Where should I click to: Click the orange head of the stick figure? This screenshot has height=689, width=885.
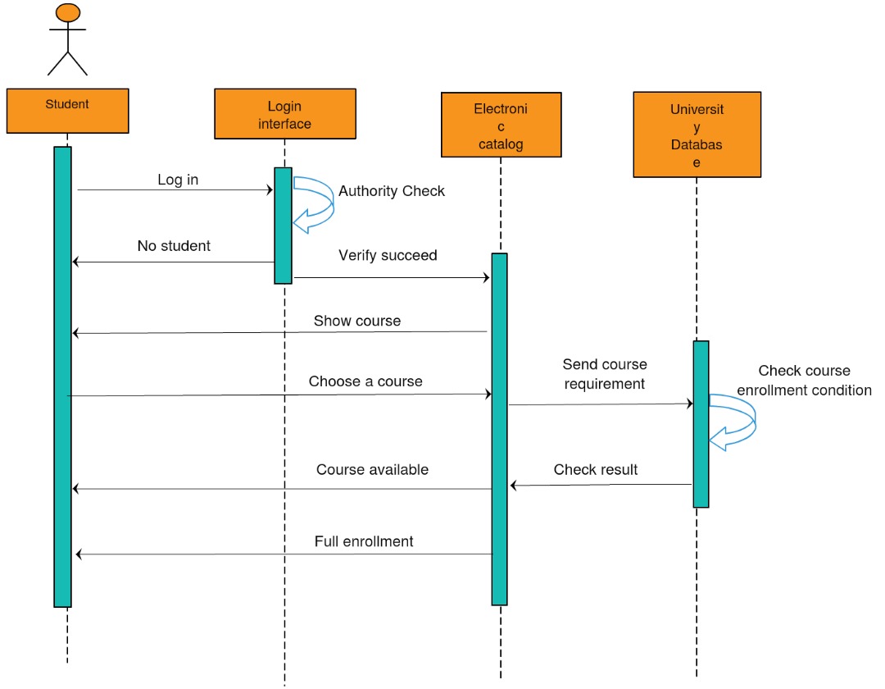68,12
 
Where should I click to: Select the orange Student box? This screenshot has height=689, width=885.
67,111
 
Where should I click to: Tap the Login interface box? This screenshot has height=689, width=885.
284,115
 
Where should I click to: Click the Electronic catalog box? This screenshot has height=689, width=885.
501,125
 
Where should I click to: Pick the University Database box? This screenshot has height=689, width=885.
697,135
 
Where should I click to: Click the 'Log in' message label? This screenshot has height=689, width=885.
178,180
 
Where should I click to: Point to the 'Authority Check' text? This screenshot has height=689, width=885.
392,191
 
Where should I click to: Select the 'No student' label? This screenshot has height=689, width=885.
174,245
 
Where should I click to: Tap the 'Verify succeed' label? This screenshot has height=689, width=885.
388,255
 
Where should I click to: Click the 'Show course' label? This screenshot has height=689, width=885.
357,321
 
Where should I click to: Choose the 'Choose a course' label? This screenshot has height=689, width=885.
365,381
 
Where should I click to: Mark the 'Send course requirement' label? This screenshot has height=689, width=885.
605,374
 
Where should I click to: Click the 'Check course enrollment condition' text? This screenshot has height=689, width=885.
804,381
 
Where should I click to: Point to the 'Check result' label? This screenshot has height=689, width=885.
596,470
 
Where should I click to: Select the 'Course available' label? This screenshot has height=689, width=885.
372,470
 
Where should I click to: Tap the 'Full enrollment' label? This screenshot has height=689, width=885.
364,541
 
